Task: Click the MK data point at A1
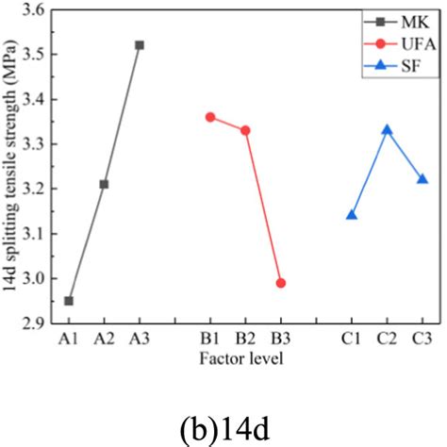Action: point(69,301)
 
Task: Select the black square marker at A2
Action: point(104,184)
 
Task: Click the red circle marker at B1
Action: point(210,117)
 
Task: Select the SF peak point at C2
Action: point(387,130)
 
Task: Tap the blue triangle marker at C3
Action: point(422,179)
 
